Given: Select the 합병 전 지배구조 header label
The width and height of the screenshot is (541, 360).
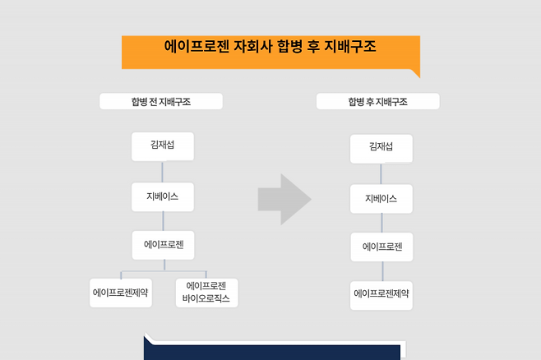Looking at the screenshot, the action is pos(161,102).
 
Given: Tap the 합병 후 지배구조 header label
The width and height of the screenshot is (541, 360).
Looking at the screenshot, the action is pos(378,102).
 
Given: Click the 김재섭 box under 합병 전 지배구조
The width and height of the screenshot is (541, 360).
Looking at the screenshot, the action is pos(162,146).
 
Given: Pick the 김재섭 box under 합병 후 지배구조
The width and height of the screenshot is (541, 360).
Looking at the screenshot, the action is pos(381,149).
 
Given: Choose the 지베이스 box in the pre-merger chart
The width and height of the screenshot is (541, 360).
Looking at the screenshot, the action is pos(162,196).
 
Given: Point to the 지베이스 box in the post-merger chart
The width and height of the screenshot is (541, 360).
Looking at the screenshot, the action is pos(381,199).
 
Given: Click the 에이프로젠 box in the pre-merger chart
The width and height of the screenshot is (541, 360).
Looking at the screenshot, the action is pos(163,245).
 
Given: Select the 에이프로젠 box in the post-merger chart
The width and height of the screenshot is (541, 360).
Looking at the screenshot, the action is pos(381,247).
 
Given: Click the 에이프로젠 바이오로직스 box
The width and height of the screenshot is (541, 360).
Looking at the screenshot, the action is pos(206,293).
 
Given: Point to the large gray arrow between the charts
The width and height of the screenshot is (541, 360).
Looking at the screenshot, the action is pos(284,199).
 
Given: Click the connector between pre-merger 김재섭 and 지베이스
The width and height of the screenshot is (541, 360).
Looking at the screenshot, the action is pos(163,172).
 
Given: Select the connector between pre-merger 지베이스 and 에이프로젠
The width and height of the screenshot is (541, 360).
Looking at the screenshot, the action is pos(163,220).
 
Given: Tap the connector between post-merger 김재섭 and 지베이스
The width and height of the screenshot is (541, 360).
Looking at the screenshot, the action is pos(381,173).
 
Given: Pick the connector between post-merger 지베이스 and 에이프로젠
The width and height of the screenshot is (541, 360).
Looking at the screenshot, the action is pos(381,223).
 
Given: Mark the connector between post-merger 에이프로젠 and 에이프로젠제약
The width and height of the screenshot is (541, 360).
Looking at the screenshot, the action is pos(381,271).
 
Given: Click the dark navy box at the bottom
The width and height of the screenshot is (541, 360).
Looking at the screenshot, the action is pos(271,349).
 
